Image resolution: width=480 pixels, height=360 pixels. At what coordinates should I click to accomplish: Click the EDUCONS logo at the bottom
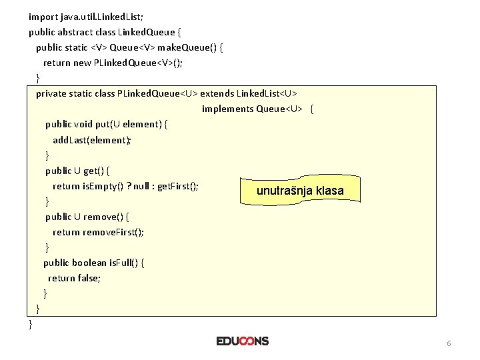tap(243, 341)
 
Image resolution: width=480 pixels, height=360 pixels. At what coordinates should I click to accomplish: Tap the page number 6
tap(449, 343)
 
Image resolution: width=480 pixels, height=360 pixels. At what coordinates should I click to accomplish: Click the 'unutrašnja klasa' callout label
tap(300, 191)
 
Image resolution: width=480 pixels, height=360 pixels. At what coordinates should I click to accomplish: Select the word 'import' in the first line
tap(43, 16)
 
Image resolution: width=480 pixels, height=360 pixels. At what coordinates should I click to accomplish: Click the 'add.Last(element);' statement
tap(92, 140)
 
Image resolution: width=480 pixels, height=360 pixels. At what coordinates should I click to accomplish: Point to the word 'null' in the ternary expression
tap(141, 186)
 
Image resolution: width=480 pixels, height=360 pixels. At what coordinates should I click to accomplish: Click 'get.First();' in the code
tap(178, 186)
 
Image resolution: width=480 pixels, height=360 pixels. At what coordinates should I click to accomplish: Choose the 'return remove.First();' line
tap(98, 232)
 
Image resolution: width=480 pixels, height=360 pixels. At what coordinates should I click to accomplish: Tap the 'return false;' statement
tap(74, 278)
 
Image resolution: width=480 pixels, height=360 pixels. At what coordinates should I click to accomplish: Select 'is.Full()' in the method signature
tap(127, 263)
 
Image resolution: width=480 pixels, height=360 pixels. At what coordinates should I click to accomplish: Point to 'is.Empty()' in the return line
tap(103, 186)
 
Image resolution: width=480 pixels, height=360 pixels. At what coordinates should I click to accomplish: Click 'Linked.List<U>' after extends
tap(265, 93)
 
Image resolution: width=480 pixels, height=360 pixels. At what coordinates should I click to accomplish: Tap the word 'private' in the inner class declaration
tap(51, 93)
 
